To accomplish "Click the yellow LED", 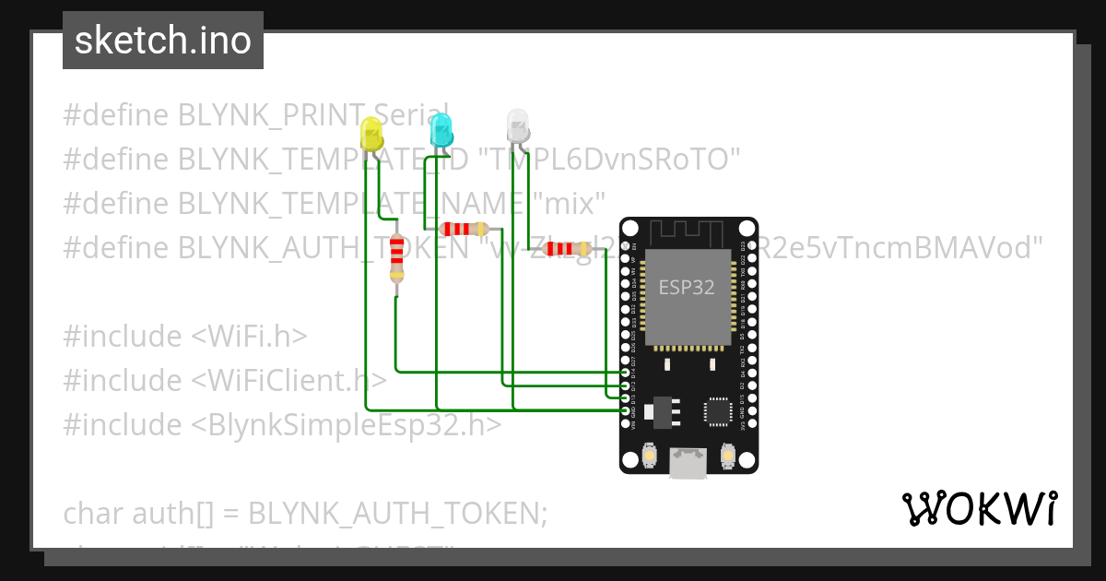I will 371,135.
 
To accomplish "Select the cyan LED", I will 441,129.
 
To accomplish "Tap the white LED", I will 518,125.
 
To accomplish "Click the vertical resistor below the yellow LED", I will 396,257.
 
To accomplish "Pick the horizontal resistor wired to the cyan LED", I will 465,229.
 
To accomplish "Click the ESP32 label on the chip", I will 686,287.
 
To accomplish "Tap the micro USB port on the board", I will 688,462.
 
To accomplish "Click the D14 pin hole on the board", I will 626,373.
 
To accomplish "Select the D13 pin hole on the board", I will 626,397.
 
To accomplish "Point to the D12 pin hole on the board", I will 626,385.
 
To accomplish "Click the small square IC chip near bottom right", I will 718,411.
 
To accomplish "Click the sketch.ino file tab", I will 163,41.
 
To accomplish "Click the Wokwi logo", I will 979,509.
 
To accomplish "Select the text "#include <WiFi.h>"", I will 185,336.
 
